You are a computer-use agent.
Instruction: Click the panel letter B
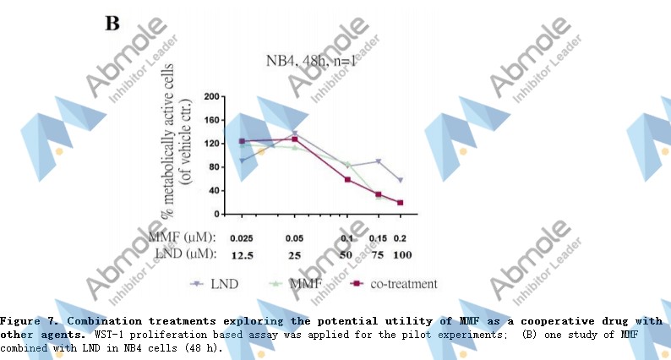pos(112,23)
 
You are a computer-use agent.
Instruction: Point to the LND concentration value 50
pos(346,254)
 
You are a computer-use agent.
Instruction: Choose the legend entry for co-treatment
pos(403,284)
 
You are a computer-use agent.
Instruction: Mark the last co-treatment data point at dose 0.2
pos(400,203)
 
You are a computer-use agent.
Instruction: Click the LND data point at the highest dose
pos(400,180)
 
